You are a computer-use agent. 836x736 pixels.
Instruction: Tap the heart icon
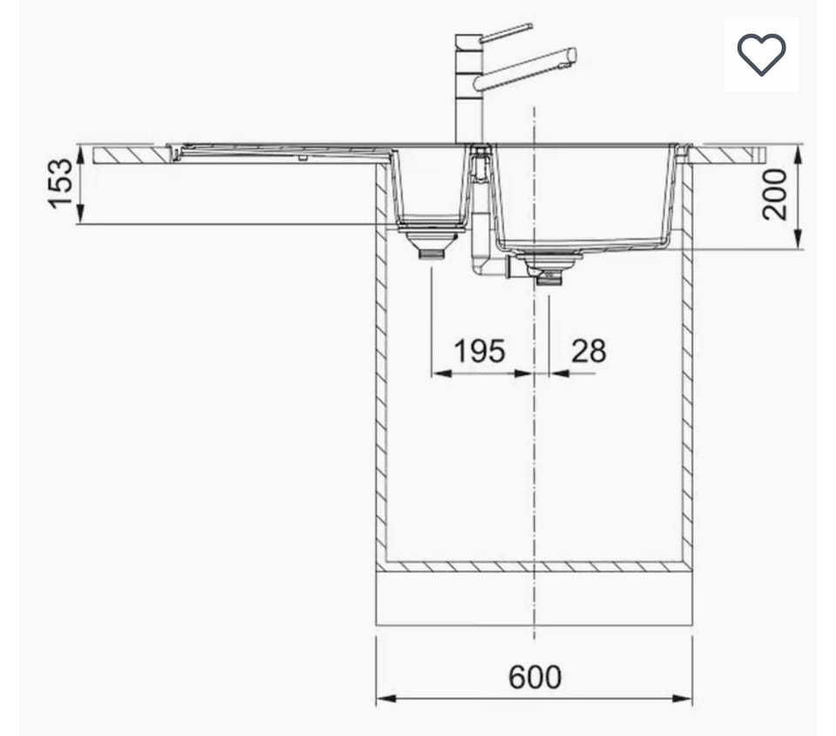(x=761, y=54)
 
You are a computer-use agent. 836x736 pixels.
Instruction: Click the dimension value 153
(x=60, y=184)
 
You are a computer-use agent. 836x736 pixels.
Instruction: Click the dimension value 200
(x=774, y=194)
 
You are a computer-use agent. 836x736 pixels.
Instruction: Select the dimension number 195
(x=479, y=351)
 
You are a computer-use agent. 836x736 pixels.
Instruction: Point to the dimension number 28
(x=589, y=351)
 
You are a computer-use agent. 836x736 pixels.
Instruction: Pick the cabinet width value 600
(x=535, y=677)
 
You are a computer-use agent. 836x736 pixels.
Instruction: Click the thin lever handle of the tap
(x=505, y=32)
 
